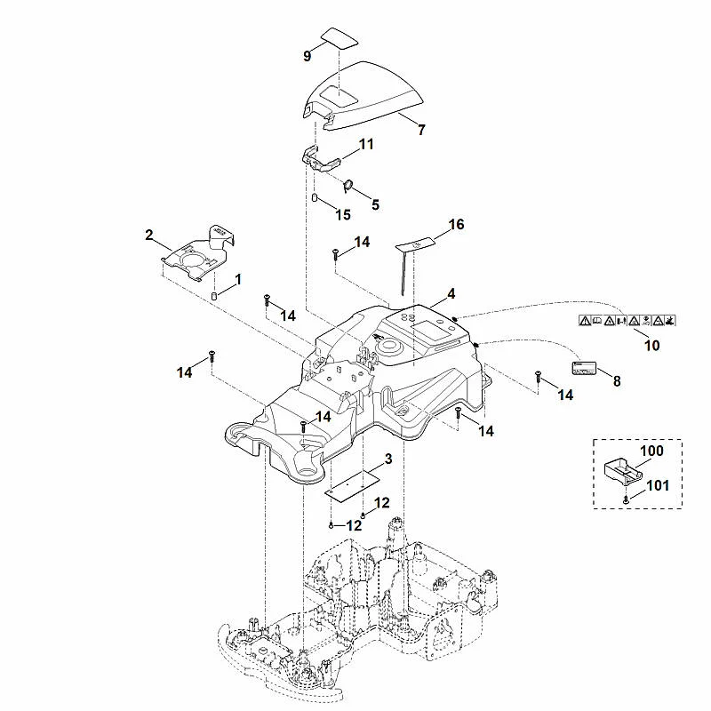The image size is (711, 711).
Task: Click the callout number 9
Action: [308, 56]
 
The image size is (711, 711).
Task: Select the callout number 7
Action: [421, 130]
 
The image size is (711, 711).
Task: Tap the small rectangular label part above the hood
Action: [340, 38]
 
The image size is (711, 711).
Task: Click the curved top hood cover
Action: [363, 96]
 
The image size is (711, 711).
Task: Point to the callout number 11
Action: [366, 144]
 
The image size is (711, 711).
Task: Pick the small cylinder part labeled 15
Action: [314, 197]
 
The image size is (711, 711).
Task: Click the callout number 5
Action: [375, 204]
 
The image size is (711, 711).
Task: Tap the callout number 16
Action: [456, 224]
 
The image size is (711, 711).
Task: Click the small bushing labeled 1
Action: [214, 296]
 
